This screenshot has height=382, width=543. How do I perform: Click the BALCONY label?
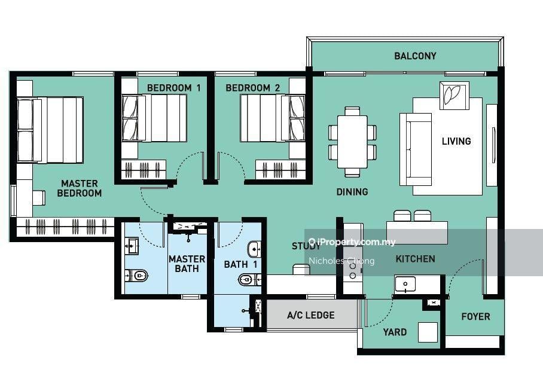point(415,56)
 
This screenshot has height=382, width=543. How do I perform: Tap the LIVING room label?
point(456,141)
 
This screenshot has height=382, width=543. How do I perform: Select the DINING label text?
point(352,191)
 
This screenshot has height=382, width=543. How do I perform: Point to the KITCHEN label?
point(415,259)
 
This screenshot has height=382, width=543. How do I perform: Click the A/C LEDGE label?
point(310,315)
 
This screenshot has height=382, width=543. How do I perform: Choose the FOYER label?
point(475,316)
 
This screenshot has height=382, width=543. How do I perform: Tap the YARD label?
point(395,332)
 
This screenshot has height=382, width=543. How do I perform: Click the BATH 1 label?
point(240,265)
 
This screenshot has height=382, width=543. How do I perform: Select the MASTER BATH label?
point(187,264)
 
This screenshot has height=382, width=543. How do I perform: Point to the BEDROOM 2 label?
point(252,88)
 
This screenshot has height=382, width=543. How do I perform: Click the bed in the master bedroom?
point(50,130)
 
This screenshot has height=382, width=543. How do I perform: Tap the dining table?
point(352,142)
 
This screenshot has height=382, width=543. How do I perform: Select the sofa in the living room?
point(416,149)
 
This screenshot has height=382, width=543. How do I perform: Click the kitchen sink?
point(405,284)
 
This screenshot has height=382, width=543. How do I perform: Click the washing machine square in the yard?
point(428,332)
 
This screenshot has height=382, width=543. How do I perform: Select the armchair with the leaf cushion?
point(454,96)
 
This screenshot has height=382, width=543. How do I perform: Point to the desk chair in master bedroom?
point(39,198)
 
